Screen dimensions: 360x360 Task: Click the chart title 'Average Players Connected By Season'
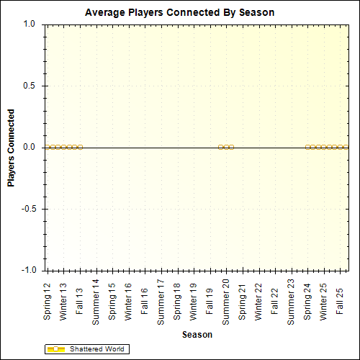pyautogui.click(x=179, y=13)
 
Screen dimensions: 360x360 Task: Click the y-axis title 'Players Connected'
pyautogui.click(x=12, y=148)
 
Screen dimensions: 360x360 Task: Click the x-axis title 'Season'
pyautogui.click(x=197, y=335)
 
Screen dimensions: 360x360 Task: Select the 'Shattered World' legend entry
pyautogui.click(x=96, y=349)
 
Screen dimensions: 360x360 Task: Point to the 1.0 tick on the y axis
pyautogui.click(x=30, y=24)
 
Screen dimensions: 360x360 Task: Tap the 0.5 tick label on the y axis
pyautogui.click(x=30, y=86)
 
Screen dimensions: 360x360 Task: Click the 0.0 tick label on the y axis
pyautogui.click(x=30, y=148)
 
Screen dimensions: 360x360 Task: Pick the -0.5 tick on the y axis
pyautogui.click(x=28, y=210)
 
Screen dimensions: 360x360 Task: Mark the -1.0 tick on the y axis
pyautogui.click(x=28, y=271)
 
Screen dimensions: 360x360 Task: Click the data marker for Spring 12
pyautogui.click(x=48, y=147)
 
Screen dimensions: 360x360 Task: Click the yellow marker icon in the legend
pyautogui.click(x=55, y=349)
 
